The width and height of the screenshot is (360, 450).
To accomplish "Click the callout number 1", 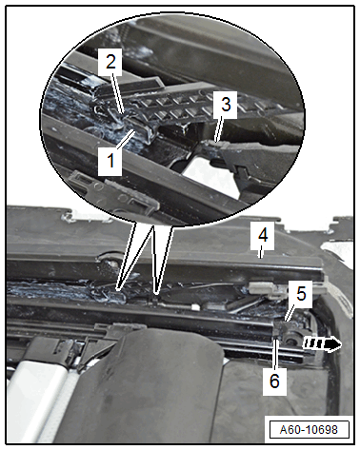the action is point(110,161).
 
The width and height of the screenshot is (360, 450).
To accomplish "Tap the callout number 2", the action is point(110,62).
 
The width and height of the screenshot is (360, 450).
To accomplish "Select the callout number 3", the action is point(226,105).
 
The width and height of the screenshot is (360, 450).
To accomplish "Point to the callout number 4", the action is point(263,235).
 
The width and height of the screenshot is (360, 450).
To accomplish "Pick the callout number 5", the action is point(301,293).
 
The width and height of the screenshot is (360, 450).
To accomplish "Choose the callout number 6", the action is point(274,381).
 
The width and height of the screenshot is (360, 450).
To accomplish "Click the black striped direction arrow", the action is point(322,344).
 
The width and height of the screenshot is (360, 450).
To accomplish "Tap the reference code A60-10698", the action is point(309,430).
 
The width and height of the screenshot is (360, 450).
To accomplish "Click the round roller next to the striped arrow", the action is point(290,340).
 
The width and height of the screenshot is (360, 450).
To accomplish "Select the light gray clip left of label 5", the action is point(261,287).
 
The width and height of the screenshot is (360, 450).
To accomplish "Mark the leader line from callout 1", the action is point(126,140).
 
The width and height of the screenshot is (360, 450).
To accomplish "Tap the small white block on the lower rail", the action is point(195,306).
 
